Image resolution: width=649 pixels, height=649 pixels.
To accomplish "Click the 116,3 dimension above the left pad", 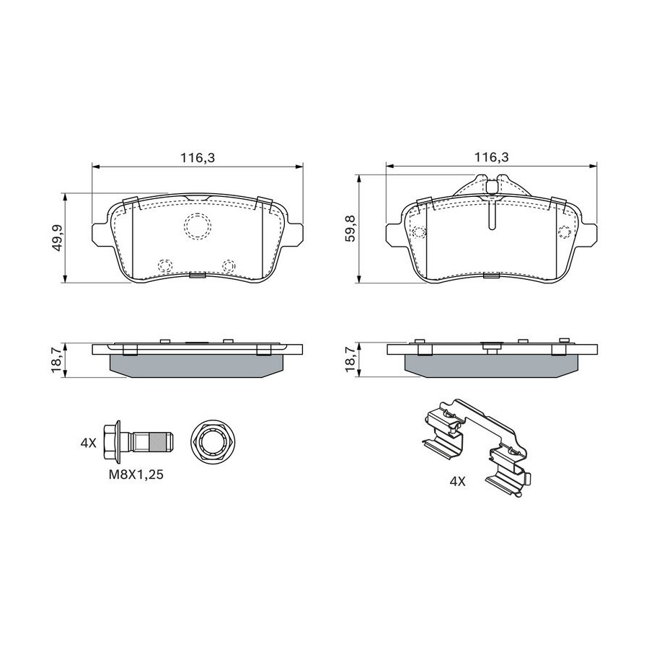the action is (x=197, y=157).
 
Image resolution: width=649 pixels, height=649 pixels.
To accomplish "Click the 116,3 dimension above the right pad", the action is (x=491, y=157).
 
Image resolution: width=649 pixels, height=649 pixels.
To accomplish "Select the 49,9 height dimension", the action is (x=57, y=237).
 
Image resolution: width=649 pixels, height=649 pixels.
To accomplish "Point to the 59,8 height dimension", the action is (x=350, y=229).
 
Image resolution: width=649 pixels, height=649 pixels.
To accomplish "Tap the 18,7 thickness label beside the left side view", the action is (x=57, y=360).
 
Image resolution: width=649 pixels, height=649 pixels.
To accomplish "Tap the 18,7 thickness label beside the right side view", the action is (x=350, y=359).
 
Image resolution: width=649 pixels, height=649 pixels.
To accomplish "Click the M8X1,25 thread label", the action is (x=136, y=474).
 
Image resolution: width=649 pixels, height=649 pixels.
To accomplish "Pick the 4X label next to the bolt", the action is (x=88, y=443).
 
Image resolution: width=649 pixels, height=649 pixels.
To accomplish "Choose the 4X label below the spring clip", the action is (x=457, y=482).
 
